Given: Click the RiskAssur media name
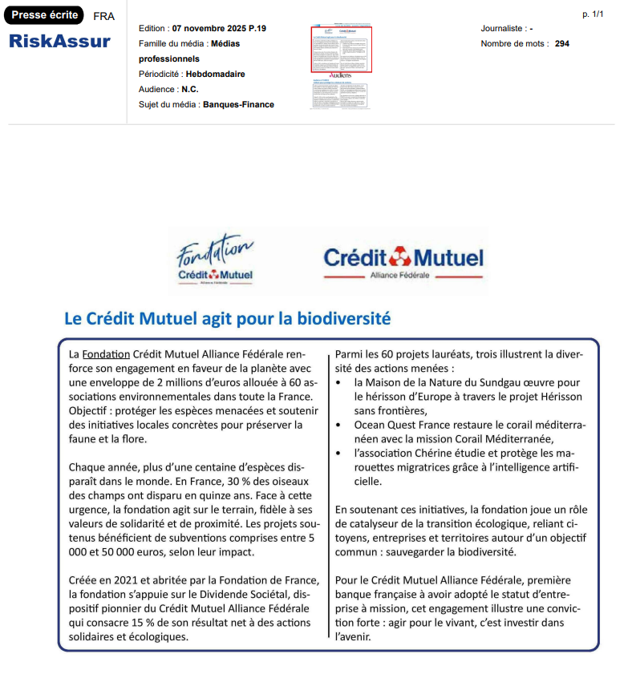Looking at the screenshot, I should click(59, 42).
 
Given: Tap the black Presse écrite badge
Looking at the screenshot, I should click(45, 14).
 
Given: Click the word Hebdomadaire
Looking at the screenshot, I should click(215, 74).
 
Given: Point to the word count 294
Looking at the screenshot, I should click(561, 43).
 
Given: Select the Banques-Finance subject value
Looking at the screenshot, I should click(238, 104).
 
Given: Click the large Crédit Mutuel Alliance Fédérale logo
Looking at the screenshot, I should click(403, 261).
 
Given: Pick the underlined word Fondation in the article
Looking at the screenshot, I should click(106, 353).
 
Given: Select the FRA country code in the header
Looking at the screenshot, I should click(103, 16).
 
